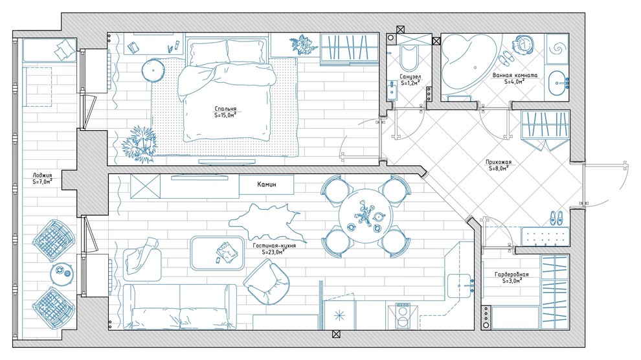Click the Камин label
(267, 185)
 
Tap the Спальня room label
(226, 109)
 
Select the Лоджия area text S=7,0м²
(43, 182)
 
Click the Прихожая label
(499, 162)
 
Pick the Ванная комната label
(515, 75)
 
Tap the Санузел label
(410, 77)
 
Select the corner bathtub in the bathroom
(469, 65)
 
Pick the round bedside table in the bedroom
(153, 71)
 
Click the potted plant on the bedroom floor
(139, 144)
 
